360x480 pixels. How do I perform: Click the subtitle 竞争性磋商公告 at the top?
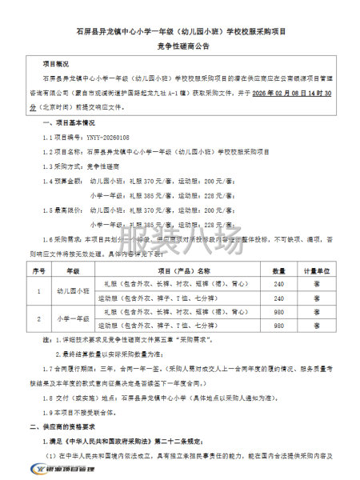point(179,47)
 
